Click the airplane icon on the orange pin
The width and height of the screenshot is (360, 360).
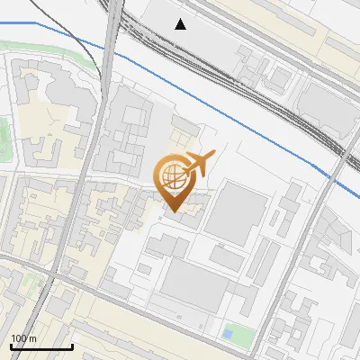point(199,164)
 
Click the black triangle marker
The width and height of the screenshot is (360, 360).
point(181,24)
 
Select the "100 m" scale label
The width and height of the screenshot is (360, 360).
point(23,337)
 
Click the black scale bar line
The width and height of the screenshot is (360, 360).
point(41,346)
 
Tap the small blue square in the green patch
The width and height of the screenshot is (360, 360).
point(227,335)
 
